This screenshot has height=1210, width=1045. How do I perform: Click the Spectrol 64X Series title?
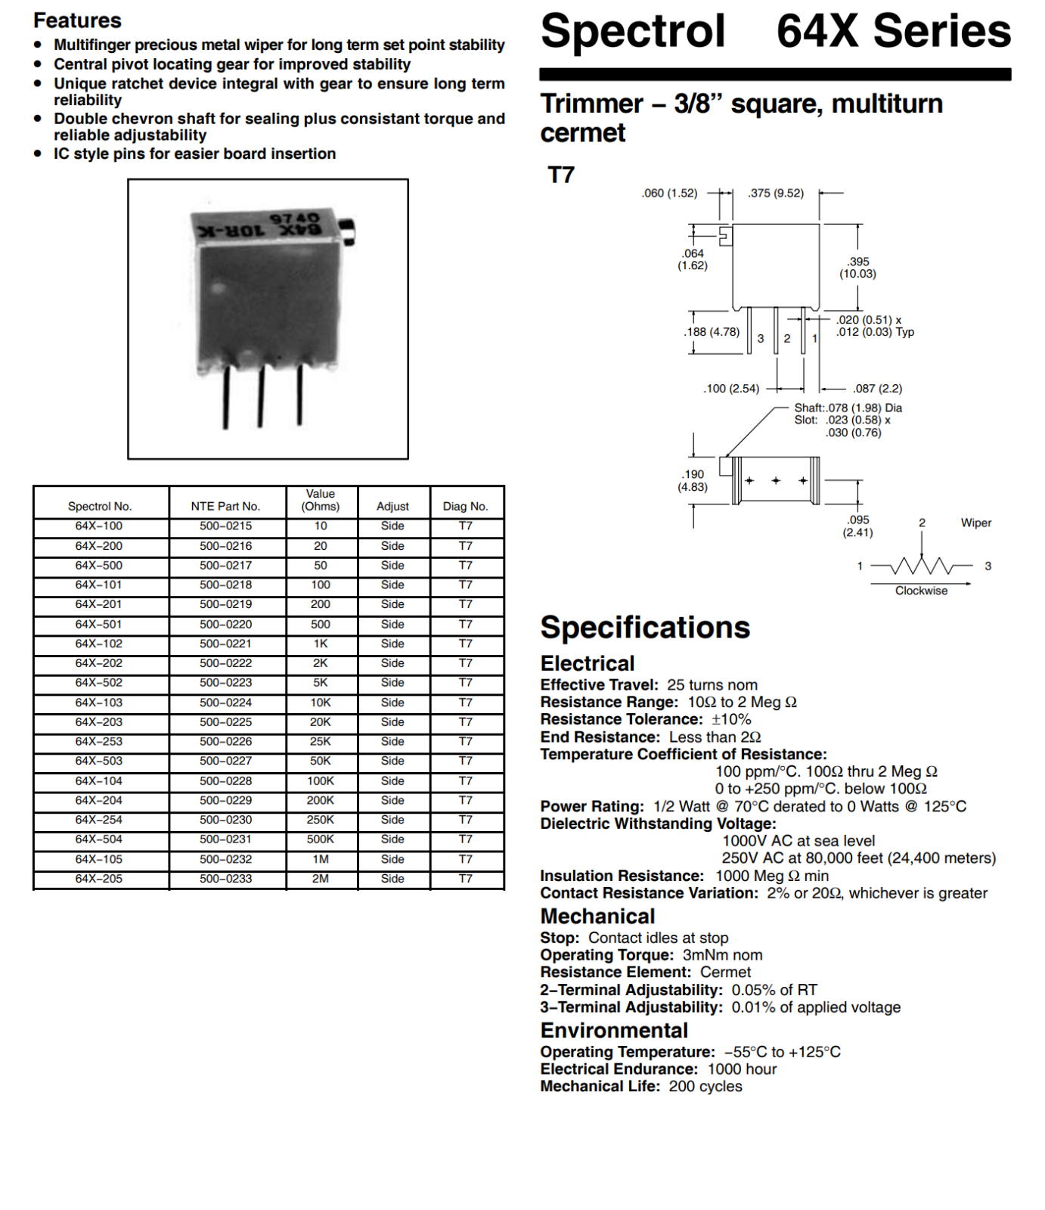click(776, 31)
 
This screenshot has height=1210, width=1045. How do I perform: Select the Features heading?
click(77, 20)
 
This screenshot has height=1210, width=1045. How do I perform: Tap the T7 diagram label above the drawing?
click(561, 175)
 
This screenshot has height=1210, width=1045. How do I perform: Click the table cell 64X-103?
click(99, 703)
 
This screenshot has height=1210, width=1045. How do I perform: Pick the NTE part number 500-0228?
click(226, 780)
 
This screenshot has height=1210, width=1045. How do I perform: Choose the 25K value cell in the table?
click(321, 741)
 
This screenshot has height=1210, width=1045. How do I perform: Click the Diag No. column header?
click(466, 506)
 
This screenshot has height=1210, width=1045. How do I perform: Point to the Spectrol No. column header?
click(100, 506)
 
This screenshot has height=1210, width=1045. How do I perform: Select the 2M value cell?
click(321, 879)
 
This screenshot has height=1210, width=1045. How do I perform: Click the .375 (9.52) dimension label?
click(776, 193)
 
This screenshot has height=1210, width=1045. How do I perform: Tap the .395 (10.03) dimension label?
click(858, 268)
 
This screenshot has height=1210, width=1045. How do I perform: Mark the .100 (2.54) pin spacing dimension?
click(731, 389)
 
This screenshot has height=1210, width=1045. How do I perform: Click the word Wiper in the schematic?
click(976, 523)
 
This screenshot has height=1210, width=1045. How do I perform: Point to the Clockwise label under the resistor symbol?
click(921, 591)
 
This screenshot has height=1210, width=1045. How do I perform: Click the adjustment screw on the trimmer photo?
click(347, 231)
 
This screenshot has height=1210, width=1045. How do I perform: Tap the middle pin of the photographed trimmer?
click(261, 396)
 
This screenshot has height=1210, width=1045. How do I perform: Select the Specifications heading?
click(645, 627)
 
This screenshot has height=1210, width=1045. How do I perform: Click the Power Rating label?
click(592, 806)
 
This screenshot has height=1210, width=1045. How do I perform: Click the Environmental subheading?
click(614, 1030)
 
